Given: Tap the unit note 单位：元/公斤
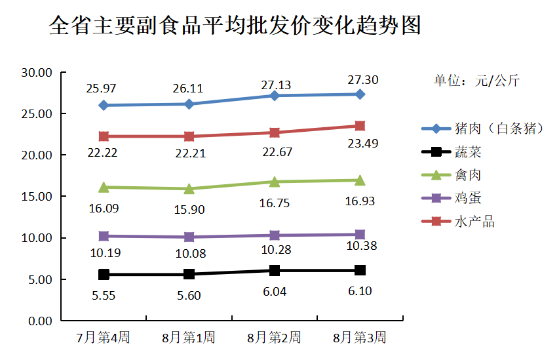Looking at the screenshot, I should (476, 82).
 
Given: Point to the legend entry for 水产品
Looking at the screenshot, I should (474, 222).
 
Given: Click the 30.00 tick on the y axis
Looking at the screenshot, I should (37, 72).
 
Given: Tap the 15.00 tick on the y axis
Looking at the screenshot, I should (37, 197).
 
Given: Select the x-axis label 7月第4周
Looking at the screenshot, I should (103, 338).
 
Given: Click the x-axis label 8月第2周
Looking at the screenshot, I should (274, 338).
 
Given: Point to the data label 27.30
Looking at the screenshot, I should (362, 80).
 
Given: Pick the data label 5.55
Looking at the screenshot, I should (104, 296).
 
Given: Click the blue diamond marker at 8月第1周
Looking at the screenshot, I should (189, 104).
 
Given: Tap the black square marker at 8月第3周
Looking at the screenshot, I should (360, 270).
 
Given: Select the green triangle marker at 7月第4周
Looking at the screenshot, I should (104, 187).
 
